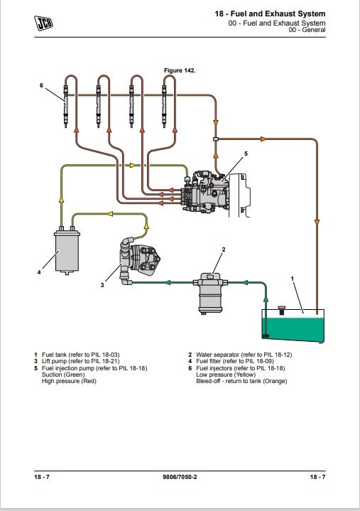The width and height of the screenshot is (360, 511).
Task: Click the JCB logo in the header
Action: click(43, 23)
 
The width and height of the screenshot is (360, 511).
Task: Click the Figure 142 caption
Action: click(180, 70)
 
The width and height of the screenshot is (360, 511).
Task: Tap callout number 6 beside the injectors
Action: click(41, 85)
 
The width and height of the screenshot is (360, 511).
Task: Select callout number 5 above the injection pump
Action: click(246, 154)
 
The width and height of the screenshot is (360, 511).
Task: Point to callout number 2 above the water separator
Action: click(223, 249)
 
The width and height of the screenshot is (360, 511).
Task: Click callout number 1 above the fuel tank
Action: click(292, 279)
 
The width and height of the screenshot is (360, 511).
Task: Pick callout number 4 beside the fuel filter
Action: click(39, 272)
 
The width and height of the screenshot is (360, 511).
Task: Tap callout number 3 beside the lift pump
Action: click(102, 285)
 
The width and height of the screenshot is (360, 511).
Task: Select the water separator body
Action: click(211, 294)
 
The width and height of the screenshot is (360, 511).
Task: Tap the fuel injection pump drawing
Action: click(206, 191)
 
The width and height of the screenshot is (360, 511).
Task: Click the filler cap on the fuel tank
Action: click(282, 310)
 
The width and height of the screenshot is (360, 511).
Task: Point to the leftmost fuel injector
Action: click(66, 106)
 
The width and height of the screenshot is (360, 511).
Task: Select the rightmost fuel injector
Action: click(164, 106)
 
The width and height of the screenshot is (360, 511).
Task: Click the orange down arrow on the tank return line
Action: click(317, 222)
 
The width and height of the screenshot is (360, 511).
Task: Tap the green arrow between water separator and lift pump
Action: click(168, 282)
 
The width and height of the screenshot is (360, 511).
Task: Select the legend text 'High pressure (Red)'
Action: click(69, 381)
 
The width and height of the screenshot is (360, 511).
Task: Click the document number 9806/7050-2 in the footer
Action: click(180, 477)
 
